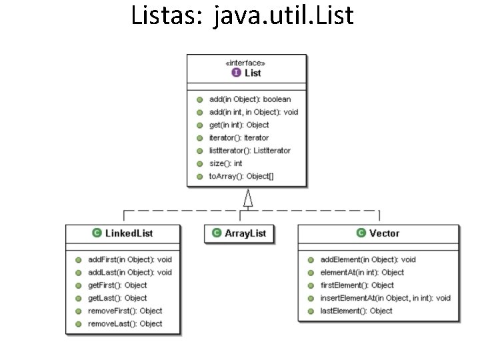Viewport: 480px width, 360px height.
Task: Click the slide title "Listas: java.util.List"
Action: point(243,15)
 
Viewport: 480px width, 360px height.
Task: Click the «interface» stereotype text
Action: point(247,63)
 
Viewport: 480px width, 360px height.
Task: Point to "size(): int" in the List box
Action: point(225,163)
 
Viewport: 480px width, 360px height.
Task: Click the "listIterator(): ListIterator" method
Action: point(249,151)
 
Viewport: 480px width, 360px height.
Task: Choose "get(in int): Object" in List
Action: point(239,125)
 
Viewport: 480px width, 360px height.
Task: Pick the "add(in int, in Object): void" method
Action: point(253,112)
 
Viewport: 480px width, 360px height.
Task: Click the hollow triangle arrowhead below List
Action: point(248,198)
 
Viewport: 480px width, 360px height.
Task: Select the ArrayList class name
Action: point(245,233)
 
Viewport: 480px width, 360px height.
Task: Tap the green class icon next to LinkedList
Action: point(97,233)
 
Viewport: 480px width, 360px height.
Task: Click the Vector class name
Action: point(384,233)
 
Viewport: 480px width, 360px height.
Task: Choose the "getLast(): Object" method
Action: point(117,298)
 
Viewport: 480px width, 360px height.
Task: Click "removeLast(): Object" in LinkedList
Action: point(125,323)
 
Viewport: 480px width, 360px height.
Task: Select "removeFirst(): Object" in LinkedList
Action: point(125,311)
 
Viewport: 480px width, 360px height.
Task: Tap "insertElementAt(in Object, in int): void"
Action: point(385,298)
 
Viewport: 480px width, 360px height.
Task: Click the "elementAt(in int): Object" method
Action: point(362,272)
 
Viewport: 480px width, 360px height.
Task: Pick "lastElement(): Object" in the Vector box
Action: point(356,311)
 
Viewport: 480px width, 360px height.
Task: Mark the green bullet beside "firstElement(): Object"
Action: point(311,285)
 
